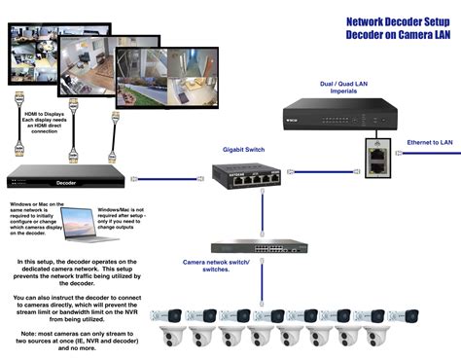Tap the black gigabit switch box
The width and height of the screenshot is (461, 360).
(246, 177)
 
